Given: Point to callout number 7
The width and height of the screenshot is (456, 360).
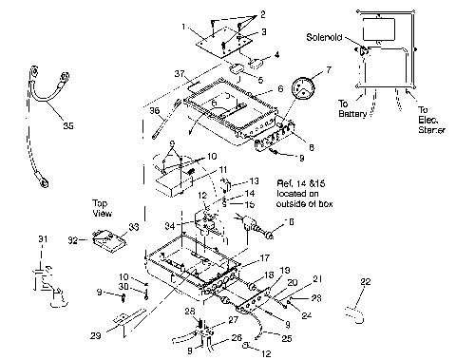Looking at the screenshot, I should coord(328,71).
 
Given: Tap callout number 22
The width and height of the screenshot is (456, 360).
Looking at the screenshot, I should coord(365,282).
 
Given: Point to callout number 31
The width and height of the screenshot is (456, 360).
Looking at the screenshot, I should coord(40,237).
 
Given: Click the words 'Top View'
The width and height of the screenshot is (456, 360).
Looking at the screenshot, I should coord(104,208).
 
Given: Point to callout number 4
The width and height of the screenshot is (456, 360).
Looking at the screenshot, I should coord(276,55).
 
